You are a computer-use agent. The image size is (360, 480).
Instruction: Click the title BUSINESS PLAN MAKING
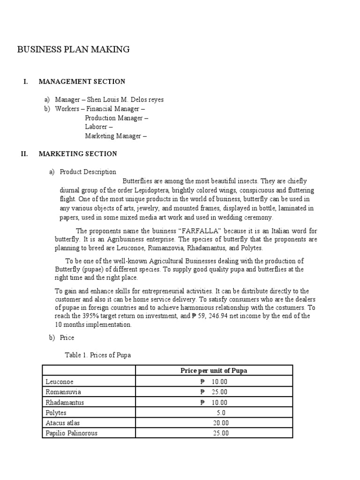pyautogui.click(x=74, y=49)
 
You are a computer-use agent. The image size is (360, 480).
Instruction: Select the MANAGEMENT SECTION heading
pyautogui.click(x=82, y=82)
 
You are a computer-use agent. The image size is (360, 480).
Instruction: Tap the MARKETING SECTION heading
pyautogui.click(x=78, y=154)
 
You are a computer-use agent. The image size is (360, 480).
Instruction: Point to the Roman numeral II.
pyautogui.click(x=25, y=154)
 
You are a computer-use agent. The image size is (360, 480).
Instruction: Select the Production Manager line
pyautogui.click(x=116, y=118)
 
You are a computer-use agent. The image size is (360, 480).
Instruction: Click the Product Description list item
pyautogui.click(x=88, y=172)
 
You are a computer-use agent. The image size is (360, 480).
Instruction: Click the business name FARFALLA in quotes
pyautogui.click(x=196, y=231)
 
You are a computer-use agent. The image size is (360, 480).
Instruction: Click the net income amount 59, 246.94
pyautogui.click(x=214, y=316)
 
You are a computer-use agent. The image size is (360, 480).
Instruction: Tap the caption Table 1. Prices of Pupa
pyautogui.click(x=97, y=355)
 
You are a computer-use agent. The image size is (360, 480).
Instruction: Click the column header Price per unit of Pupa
pyautogui.click(x=214, y=371)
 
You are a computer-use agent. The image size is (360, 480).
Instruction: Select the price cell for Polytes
pyautogui.click(x=221, y=412)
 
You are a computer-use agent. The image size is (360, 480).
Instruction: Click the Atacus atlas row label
pyautogui.click(x=62, y=423)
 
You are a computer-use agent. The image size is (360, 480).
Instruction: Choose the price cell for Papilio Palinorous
pyautogui.click(x=221, y=433)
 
